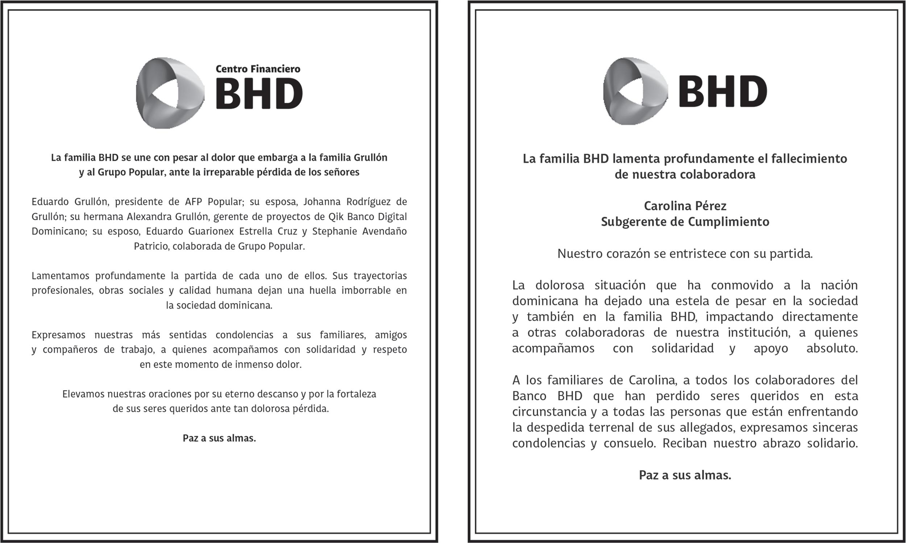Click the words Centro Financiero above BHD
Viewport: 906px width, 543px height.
(258, 69)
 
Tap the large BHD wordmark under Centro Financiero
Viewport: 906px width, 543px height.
(259, 94)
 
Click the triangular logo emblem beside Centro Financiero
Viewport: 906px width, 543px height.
(170, 93)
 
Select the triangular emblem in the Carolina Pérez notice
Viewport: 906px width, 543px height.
(635, 91)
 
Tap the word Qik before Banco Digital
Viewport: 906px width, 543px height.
(336, 216)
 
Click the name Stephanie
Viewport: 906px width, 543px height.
(335, 231)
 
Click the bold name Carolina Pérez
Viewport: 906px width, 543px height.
(685, 206)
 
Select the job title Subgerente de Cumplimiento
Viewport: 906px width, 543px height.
(685, 222)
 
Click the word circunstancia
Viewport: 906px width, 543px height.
(550, 412)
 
